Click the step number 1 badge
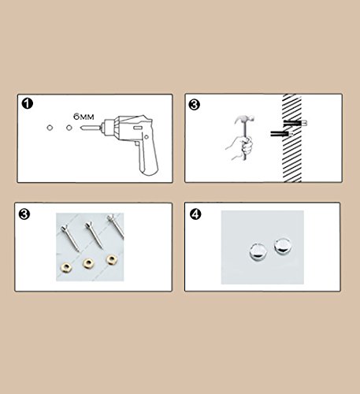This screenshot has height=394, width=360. [28, 103]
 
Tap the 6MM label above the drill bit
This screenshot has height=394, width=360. [84, 117]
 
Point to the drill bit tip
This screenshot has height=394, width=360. [81, 128]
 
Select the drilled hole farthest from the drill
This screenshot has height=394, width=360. [50, 128]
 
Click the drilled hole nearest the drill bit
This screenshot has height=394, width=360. [69, 128]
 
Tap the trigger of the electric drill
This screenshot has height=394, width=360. [137, 144]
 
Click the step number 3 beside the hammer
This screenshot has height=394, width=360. [195, 105]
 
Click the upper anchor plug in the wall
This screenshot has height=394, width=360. [295, 123]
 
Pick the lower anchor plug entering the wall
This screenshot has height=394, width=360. [282, 134]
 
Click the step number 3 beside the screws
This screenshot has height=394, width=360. [24, 214]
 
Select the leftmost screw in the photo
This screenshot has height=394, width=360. [69, 238]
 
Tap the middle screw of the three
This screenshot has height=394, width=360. [94, 235]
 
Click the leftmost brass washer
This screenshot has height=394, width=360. [66, 268]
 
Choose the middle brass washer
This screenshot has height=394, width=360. [88, 263]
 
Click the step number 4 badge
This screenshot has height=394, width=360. [195, 214]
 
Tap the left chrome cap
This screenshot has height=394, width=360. [258, 251]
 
